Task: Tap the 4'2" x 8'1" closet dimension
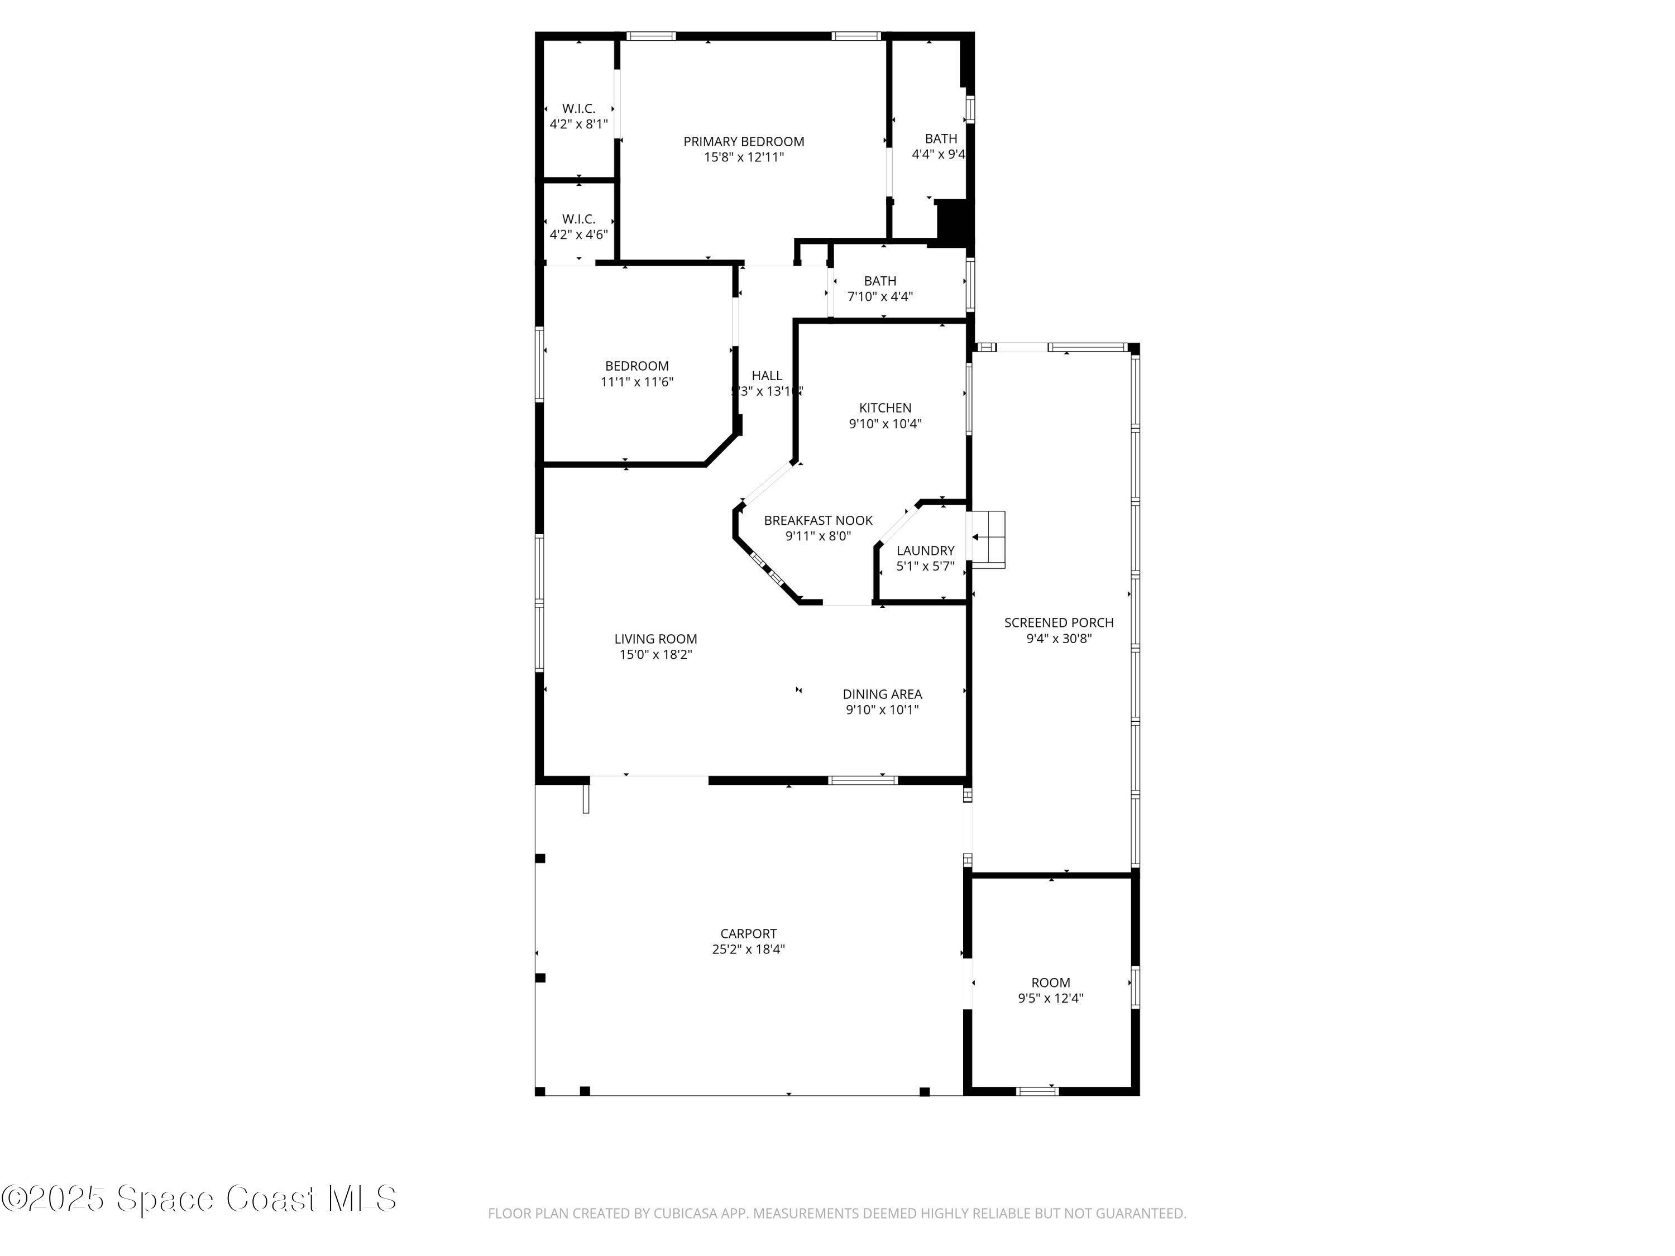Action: pos(578,124)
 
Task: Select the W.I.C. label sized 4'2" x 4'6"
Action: pos(578,219)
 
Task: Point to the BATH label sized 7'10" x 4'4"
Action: pos(880,281)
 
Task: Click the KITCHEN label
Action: pos(884,408)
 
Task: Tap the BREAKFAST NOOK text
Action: pos(818,521)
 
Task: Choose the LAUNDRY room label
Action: pos(925,550)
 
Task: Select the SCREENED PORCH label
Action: pos(1058,622)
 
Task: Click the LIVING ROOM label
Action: pos(655,639)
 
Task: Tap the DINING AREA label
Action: pos(882,694)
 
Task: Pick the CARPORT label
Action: pos(748,933)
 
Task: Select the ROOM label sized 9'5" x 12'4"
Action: pos(1050,982)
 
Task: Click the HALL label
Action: pos(767,376)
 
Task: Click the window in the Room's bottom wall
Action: pos(1037,1091)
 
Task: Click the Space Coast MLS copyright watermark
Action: pos(198,1199)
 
